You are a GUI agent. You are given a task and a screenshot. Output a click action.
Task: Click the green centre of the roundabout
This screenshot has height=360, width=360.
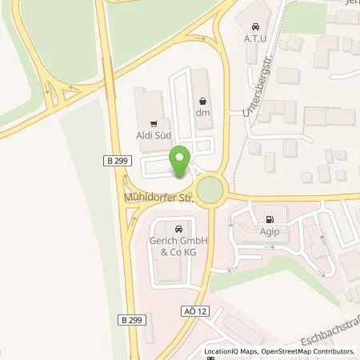click(211, 190)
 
